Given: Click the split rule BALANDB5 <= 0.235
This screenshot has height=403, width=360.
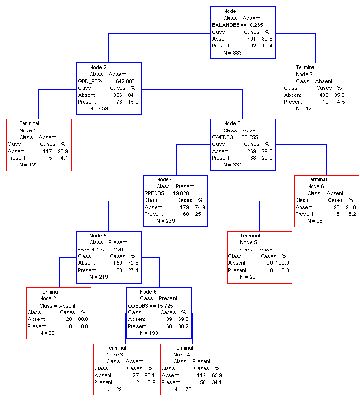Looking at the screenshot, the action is click(x=237, y=25).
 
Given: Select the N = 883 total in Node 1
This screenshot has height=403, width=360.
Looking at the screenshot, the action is click(x=232, y=53).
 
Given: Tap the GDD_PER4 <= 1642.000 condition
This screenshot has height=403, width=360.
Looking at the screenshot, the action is click(x=106, y=81).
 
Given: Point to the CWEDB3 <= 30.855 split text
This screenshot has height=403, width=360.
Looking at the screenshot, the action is click(x=235, y=138).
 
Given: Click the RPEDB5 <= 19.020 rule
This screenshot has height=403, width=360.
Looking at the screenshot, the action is click(x=167, y=193).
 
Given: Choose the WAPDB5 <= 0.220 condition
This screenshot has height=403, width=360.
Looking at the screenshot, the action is click(x=100, y=249).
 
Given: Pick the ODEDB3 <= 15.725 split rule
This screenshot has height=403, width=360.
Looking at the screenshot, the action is click(x=150, y=306).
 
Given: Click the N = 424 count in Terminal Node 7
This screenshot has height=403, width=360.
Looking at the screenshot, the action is click(x=305, y=109).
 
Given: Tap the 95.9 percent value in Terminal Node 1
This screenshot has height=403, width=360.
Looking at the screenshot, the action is click(x=63, y=152).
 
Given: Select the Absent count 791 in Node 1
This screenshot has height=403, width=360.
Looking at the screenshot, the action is click(x=251, y=39).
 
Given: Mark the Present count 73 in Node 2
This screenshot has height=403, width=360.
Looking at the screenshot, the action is click(x=119, y=102).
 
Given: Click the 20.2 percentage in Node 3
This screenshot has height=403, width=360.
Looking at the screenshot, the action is click(x=267, y=158).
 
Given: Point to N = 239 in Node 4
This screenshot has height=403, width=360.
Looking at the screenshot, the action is click(x=166, y=221).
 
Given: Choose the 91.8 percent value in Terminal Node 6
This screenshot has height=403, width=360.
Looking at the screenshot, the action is click(x=351, y=207).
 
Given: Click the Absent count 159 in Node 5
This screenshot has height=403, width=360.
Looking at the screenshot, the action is click(x=118, y=263).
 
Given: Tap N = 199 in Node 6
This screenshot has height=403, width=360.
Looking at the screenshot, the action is click(x=149, y=333).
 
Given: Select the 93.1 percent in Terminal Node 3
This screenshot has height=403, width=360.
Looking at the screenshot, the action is click(x=149, y=376).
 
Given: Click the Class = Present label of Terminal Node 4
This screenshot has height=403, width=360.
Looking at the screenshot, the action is click(x=192, y=362).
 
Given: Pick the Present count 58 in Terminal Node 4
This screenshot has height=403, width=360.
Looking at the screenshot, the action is click(x=203, y=383).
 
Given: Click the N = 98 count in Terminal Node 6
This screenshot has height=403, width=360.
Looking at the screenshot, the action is click(x=315, y=221).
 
